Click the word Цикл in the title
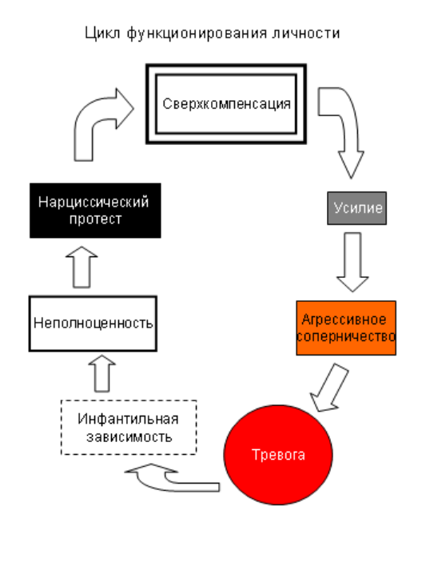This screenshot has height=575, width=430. point(102,34)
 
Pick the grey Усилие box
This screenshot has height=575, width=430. point(356,208)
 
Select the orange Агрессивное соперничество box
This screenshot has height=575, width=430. point(346,328)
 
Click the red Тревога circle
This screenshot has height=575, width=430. point(278,455)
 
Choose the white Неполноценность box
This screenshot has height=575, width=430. point(93,324)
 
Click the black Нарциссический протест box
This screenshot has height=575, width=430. point(95,211)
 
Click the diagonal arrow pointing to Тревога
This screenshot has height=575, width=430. point(328,388)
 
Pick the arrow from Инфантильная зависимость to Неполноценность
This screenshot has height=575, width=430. point(102,373)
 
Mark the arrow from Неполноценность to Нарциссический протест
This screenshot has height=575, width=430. point(82,267)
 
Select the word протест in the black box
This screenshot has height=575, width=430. point(96,219)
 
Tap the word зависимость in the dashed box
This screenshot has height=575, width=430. point(129,436)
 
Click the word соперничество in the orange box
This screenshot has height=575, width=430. point(346,336)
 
